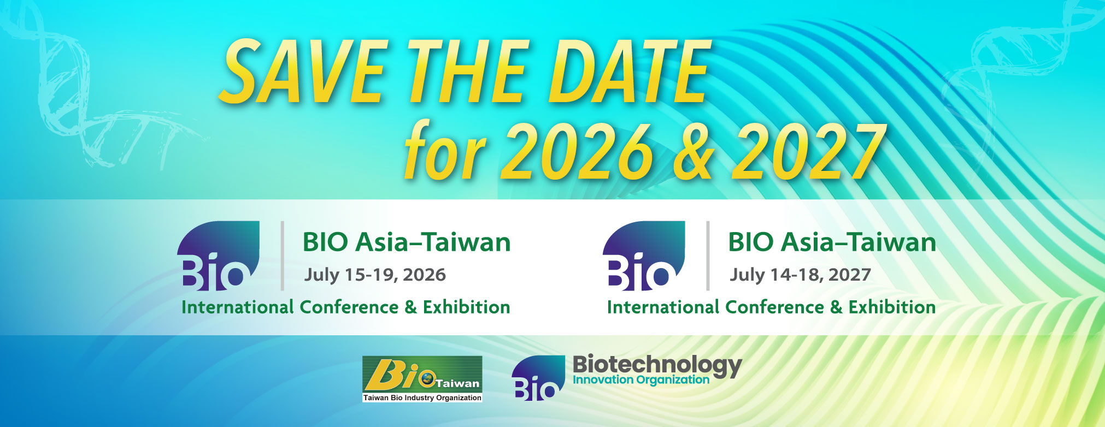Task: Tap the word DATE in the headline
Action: [x=629, y=72]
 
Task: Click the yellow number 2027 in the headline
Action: [x=809, y=151]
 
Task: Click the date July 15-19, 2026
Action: [x=375, y=275]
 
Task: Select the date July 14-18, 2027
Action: [x=800, y=275]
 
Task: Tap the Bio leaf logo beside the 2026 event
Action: [x=218, y=256]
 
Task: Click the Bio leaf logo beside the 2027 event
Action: [x=644, y=256]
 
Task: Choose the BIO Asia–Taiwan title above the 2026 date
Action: [x=407, y=242]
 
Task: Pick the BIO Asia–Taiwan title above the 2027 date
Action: [x=832, y=242]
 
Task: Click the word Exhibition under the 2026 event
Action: [x=466, y=307]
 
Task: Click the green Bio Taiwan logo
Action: [x=422, y=379]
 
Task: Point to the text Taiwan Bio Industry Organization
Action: [x=422, y=398]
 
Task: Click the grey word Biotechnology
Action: [x=657, y=365]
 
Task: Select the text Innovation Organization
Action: [x=640, y=379]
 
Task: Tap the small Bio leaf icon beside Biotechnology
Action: [x=538, y=378]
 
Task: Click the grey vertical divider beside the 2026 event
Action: [x=282, y=256]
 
